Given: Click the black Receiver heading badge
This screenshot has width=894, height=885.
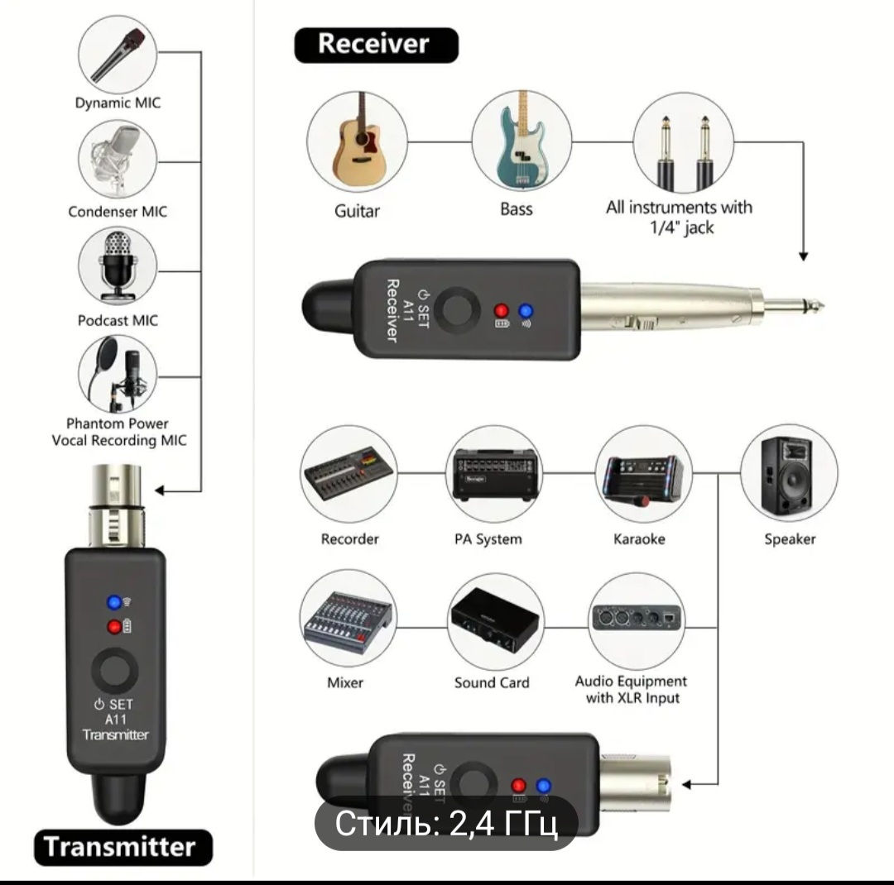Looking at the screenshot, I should [376, 45].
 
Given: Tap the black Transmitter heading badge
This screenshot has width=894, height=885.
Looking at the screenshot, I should [123, 848].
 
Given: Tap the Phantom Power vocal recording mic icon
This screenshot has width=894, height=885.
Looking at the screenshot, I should [118, 373].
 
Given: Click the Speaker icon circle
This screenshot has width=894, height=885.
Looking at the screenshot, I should [789, 476].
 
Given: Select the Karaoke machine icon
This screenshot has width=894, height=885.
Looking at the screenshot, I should [642, 476].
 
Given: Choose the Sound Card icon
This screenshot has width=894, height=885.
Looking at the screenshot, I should [495, 620].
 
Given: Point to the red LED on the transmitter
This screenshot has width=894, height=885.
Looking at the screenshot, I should [113, 627].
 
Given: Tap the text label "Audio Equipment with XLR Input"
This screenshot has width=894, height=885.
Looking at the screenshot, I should [631, 690].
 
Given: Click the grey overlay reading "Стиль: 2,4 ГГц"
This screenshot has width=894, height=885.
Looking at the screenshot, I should [445, 824].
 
